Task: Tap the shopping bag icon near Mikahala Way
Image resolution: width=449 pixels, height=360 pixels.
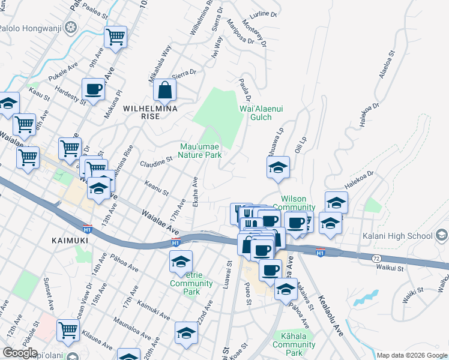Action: click(x=164, y=91)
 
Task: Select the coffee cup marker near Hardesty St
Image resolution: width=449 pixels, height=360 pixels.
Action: click(x=94, y=89)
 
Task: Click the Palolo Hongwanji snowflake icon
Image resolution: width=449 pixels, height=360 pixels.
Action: click(x=71, y=27)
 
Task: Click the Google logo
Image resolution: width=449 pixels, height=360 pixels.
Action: click(x=20, y=353)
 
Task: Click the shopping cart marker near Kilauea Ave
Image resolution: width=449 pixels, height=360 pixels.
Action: click(x=68, y=330)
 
